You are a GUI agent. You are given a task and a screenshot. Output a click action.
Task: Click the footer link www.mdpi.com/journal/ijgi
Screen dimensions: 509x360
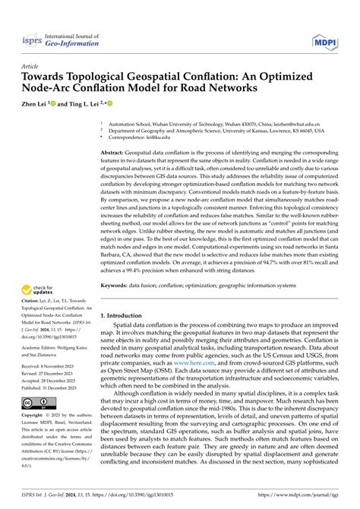314,500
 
